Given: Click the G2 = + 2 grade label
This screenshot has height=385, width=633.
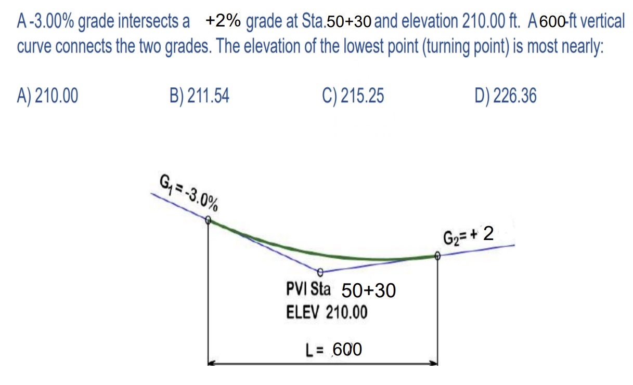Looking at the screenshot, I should (468, 235).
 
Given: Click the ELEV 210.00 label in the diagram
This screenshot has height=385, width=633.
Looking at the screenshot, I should (327, 312).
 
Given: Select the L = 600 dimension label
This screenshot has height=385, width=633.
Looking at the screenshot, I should (333, 350).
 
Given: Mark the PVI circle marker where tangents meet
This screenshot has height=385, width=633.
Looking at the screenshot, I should (320, 272).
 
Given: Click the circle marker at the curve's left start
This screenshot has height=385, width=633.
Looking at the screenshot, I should (208, 220).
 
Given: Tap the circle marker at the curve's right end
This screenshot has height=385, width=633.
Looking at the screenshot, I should (437, 256).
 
